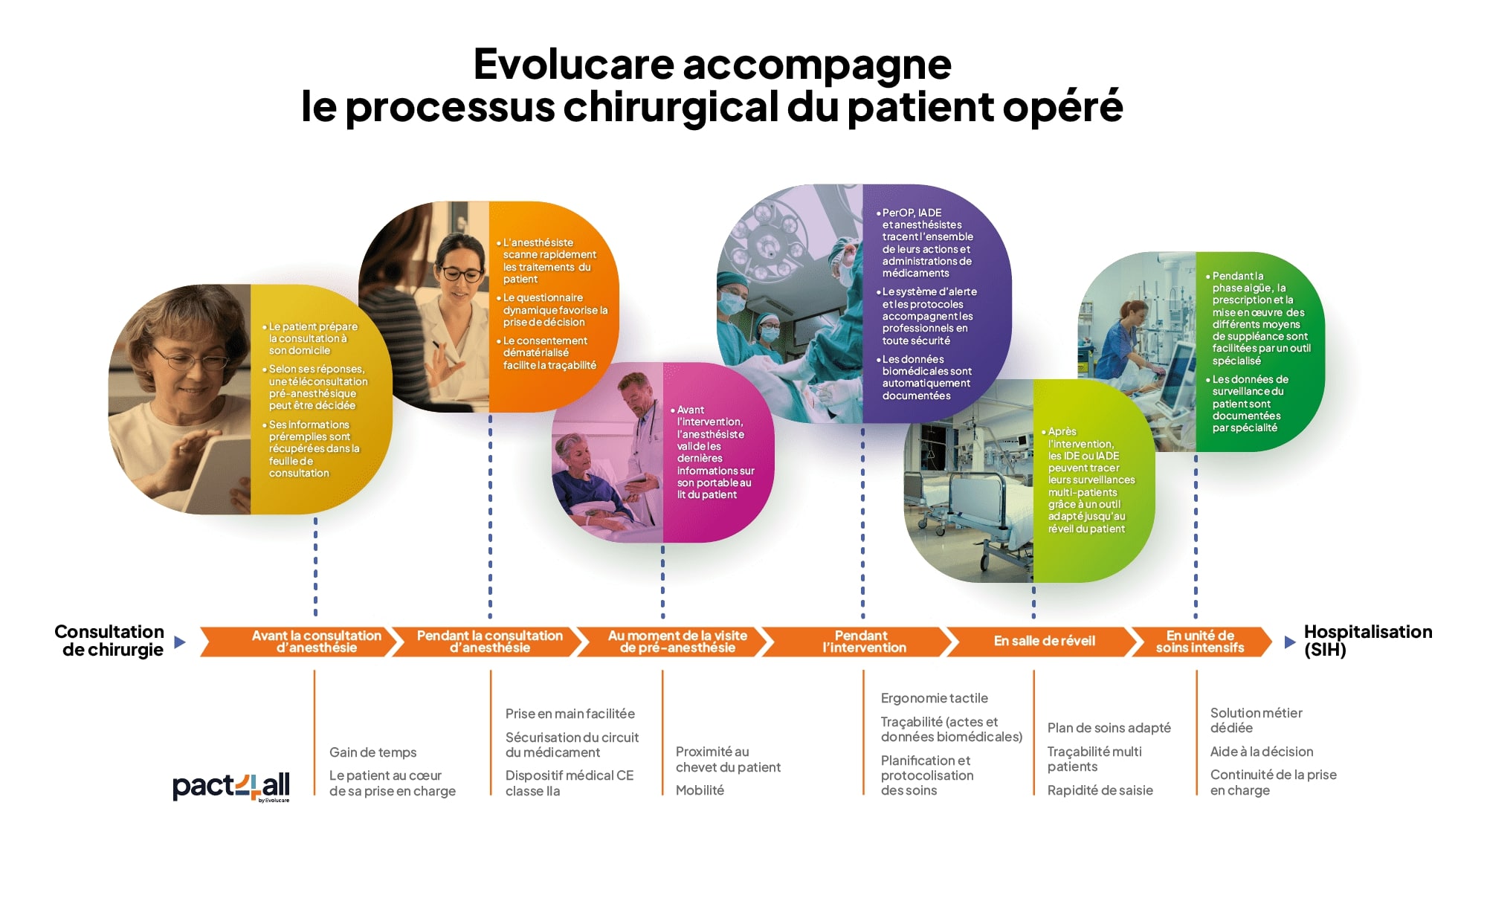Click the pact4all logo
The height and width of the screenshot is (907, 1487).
click(x=231, y=787)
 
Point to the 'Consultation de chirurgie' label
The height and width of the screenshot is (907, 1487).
click(x=110, y=641)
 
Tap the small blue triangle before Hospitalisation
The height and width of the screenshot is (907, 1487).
click(x=1290, y=642)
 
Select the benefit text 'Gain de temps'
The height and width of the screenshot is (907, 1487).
click(x=372, y=752)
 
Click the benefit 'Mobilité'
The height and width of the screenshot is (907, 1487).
click(x=700, y=790)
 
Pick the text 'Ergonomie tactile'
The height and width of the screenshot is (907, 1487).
click(x=935, y=698)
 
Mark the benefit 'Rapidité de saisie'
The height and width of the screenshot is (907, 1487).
click(x=1100, y=790)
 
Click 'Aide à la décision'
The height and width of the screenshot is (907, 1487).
click(x=1262, y=752)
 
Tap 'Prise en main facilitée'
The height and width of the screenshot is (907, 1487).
click(x=570, y=714)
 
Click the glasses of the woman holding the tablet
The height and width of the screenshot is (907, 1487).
click(x=193, y=360)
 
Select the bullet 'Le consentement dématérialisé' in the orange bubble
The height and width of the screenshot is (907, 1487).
click(x=549, y=353)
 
